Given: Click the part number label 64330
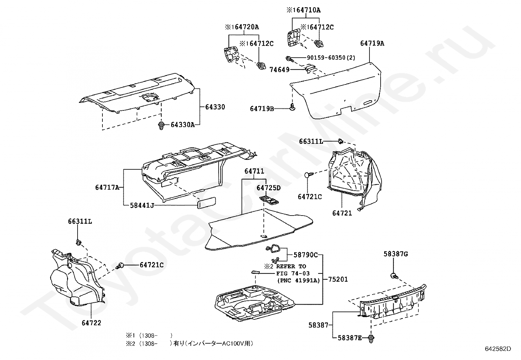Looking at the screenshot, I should click(x=215, y=107).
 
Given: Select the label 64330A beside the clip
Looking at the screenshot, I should click(x=182, y=125).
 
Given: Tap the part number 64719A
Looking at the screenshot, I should click(x=372, y=43).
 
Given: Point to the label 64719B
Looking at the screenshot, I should click(x=262, y=108).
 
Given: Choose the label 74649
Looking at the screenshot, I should click(x=279, y=69).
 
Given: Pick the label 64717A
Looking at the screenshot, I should click(x=107, y=187).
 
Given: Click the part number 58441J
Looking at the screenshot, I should click(x=142, y=205).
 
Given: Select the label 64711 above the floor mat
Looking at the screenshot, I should click(x=254, y=171).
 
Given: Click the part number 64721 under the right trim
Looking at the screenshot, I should click(x=342, y=213).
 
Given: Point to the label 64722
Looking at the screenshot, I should click(x=91, y=323).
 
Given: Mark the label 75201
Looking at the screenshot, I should click(x=338, y=279).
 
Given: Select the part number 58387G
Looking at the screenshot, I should click(x=396, y=254).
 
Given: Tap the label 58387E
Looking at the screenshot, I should click(x=350, y=338).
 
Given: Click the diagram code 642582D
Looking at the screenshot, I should click(x=498, y=349).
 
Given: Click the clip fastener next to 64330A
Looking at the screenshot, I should click(x=161, y=125).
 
